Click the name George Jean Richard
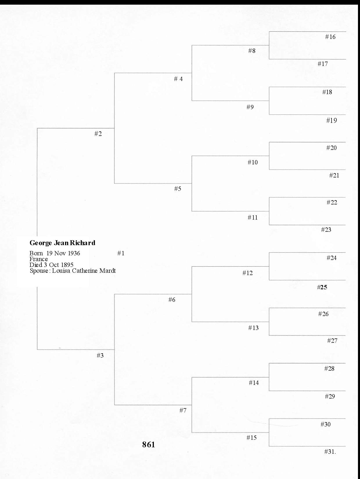62,243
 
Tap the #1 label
121,253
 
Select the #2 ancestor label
98,134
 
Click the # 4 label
178,79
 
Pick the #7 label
183,410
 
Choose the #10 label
253,162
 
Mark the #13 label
253,328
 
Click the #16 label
330,37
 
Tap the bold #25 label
322,287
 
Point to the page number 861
148,444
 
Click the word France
39,259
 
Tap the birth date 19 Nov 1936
63,253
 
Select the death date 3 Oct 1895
59,265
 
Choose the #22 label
332,202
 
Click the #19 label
332,121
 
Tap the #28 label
329,369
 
